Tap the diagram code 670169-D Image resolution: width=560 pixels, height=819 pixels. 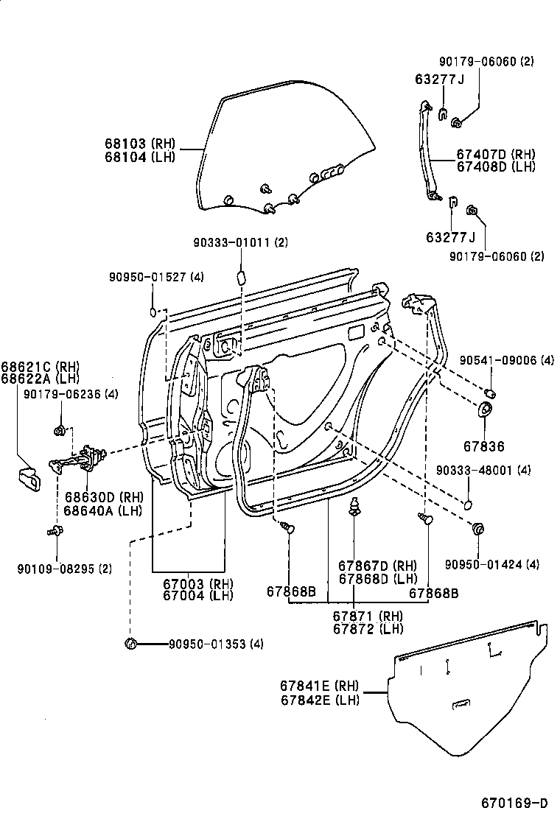click(x=513, y=802)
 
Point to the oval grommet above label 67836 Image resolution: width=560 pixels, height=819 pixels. click(x=487, y=410)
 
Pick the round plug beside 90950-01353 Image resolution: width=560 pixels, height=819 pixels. click(x=131, y=644)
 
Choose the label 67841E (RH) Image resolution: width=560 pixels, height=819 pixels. click(x=320, y=686)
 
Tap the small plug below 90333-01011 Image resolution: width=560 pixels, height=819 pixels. click(x=240, y=276)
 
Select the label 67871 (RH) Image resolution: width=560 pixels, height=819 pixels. click(x=367, y=616)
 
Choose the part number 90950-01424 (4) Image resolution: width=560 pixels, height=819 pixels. click(x=492, y=564)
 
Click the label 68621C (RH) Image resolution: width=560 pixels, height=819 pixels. click(x=40, y=366)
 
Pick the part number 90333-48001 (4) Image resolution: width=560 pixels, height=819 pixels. click(x=483, y=469)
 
